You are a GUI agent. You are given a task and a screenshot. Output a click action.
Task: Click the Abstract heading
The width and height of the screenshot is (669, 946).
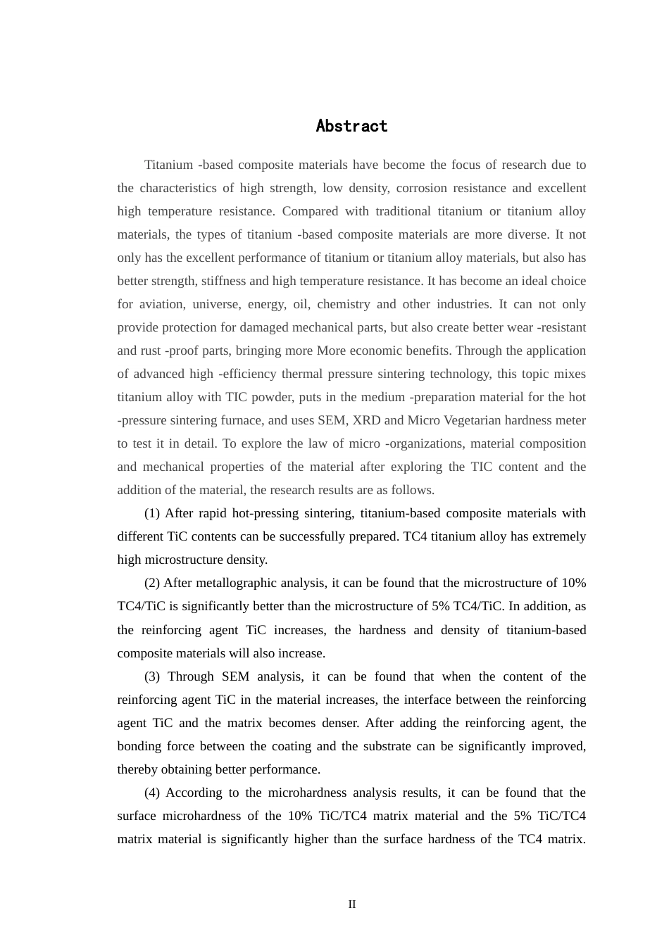pos(351,127)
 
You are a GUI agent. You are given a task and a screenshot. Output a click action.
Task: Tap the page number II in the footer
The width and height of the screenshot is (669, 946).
pos(351,904)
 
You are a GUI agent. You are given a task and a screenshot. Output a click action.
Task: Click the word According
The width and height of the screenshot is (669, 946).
pos(194,793)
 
